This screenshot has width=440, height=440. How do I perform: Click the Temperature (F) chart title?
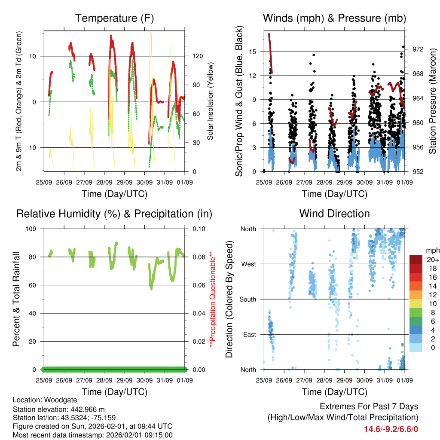[x=114, y=18]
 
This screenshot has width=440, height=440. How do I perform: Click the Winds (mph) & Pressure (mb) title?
[x=334, y=18]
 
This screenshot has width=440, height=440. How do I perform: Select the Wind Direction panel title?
[x=334, y=214]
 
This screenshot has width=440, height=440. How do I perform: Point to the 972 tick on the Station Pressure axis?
[x=418, y=49]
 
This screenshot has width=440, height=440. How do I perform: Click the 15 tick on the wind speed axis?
[x=252, y=52]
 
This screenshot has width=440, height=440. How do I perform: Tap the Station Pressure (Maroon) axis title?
[x=433, y=101]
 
